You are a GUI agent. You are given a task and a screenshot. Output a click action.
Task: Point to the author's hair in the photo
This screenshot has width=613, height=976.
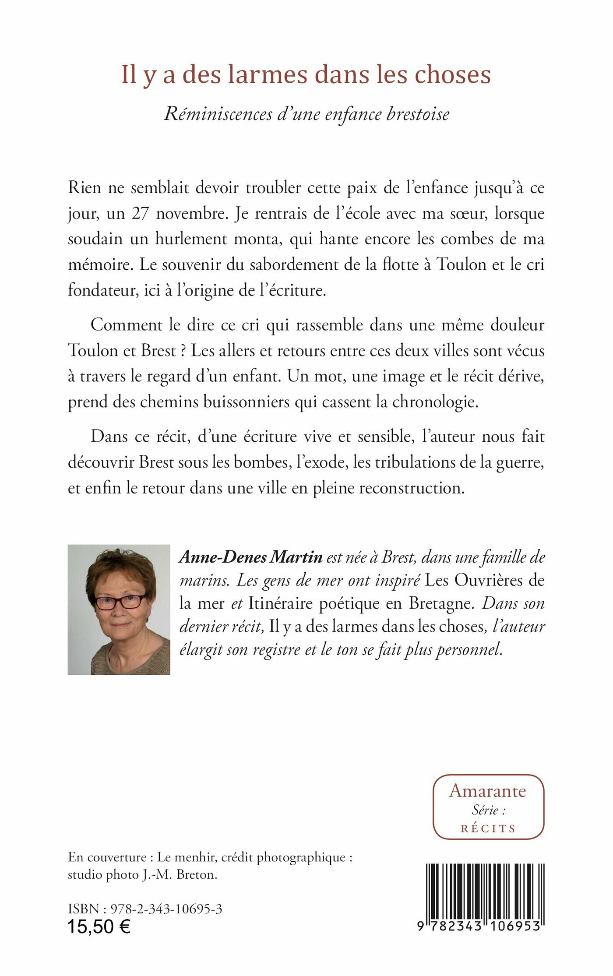118,565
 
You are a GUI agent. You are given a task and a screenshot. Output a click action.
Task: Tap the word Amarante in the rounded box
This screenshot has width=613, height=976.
488,791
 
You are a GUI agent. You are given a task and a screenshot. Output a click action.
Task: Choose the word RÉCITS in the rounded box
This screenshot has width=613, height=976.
488,828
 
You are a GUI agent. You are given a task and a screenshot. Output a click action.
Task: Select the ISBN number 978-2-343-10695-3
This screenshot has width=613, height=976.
166,909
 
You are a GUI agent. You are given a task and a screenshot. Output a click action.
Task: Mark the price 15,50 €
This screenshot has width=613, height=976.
99,927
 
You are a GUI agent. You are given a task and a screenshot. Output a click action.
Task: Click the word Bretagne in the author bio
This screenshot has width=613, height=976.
441,603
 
